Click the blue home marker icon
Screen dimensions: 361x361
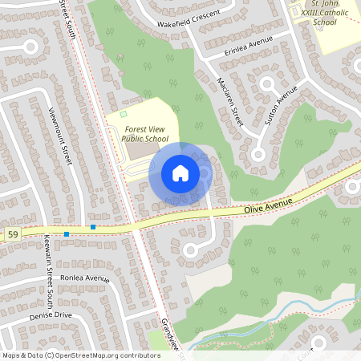(x=180, y=173)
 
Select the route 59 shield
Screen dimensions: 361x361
(x=12, y=234)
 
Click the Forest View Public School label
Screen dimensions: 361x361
(x=145, y=133)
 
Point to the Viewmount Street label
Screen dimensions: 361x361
(x=60, y=136)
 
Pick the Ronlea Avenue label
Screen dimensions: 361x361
(x=84, y=278)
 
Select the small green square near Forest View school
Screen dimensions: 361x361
(x=124, y=115)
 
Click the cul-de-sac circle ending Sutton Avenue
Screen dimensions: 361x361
(x=258, y=154)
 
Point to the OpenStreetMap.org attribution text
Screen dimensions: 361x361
(x=81, y=355)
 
